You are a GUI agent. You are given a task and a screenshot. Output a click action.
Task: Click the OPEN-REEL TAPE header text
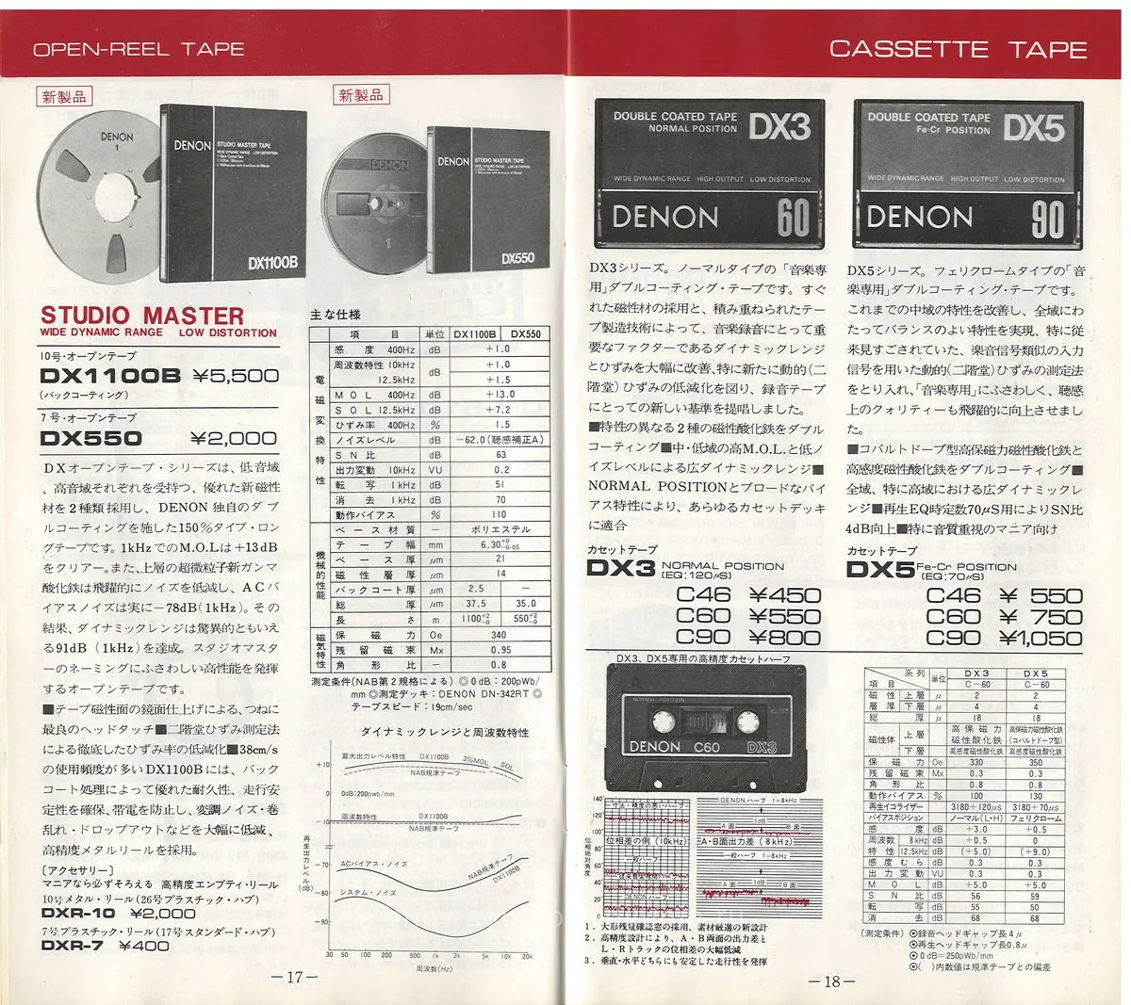tap(139, 49)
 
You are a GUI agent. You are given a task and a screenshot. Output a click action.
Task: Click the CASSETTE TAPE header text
tap(958, 49)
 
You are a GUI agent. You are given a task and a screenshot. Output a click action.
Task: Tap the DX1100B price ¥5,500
tap(236, 376)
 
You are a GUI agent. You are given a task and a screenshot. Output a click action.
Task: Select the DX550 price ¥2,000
tap(234, 438)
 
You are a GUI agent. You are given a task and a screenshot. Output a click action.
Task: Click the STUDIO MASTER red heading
tap(142, 315)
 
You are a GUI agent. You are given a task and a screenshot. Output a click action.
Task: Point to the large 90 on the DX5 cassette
tap(1046, 219)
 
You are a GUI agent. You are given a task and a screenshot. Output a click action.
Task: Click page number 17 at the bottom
tap(294, 978)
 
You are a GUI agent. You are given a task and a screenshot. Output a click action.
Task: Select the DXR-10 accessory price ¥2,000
tap(163, 913)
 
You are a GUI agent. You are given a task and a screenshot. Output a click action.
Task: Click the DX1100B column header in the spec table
tap(474, 333)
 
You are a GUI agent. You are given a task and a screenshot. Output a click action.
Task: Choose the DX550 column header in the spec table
tap(526, 333)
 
